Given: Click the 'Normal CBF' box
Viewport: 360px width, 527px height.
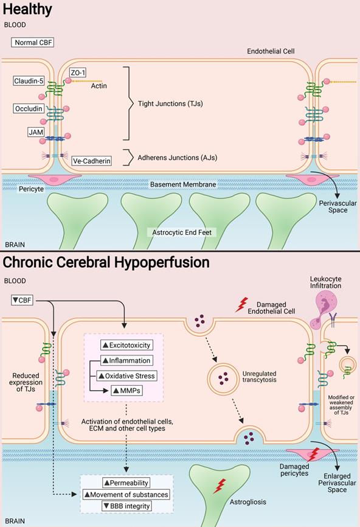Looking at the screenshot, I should (x=34, y=43).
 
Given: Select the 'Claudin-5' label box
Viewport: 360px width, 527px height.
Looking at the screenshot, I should (x=29, y=81).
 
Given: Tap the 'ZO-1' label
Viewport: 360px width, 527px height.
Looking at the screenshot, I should (x=77, y=72).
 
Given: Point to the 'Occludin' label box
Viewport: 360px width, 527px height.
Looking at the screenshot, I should (x=29, y=109).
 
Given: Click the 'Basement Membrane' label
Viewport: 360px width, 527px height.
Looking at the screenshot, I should (x=183, y=184).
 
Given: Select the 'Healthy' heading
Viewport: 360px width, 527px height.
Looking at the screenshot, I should (x=27, y=10).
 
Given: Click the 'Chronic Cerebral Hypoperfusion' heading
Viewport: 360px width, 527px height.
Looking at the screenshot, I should (x=106, y=262).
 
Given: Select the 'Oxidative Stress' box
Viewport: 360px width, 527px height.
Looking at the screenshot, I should (x=126, y=375).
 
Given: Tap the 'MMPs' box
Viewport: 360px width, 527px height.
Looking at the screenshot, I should (x=126, y=390).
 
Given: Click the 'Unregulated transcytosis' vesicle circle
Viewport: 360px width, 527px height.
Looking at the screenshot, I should (x=222, y=380).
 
